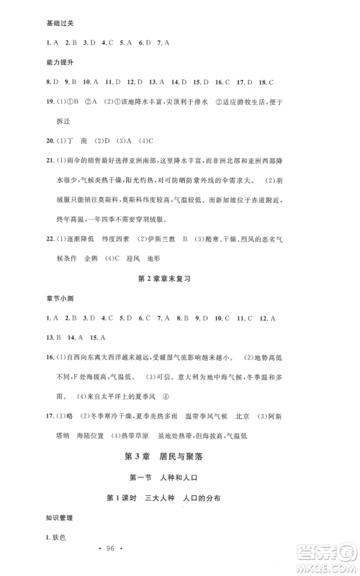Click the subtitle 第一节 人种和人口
pos(181,480)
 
